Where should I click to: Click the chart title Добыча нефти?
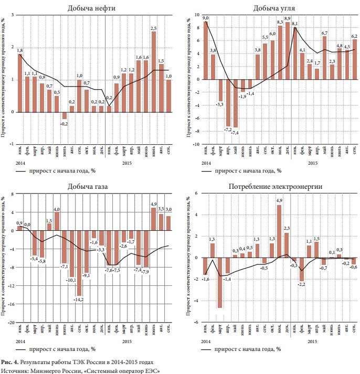click(x=92, y=8)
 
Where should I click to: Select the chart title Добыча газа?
click(x=88, y=187)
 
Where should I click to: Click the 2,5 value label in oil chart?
click(x=154, y=28)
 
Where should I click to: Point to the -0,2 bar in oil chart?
click(x=65, y=115)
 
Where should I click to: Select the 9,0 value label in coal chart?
click(x=206, y=18)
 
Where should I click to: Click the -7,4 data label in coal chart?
click(x=236, y=133)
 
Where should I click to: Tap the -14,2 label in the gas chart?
click(x=79, y=300)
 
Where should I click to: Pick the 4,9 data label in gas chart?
click(x=154, y=204)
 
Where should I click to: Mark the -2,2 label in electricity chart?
click(x=302, y=284)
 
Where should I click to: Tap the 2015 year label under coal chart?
click(x=312, y=163)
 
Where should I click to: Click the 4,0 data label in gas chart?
click(x=57, y=209)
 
